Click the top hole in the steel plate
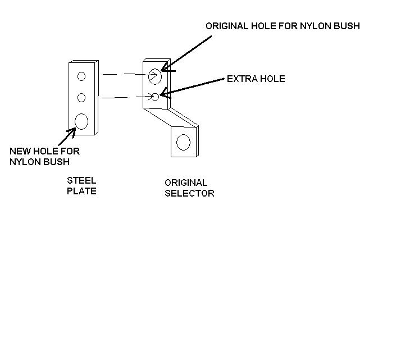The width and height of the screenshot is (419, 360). [x=81, y=76]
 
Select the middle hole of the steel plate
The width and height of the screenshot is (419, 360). [x=81, y=98]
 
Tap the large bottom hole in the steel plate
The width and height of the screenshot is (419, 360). [x=82, y=121]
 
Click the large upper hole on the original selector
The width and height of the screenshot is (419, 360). [x=155, y=75]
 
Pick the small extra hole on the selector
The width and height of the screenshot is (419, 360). [x=156, y=97]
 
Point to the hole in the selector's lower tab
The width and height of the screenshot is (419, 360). [x=183, y=142]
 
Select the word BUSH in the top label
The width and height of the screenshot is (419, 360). [x=347, y=26]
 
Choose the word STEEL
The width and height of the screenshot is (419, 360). [x=81, y=181]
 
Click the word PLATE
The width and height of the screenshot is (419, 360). [x=81, y=191]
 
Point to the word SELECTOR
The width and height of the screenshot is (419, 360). [x=189, y=193]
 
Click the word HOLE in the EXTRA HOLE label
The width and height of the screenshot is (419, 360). [x=271, y=79]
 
